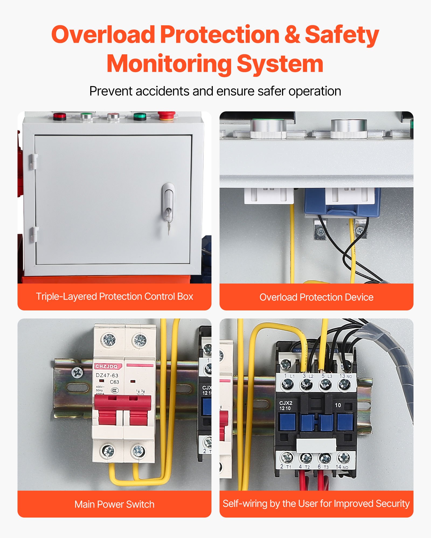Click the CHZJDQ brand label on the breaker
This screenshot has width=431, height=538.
click(x=107, y=366)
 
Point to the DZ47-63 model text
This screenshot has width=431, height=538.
click(x=107, y=375)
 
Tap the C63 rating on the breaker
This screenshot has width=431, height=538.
click(x=114, y=382)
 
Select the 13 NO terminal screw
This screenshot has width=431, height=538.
click(x=344, y=385)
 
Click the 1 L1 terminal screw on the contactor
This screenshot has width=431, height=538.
click(x=287, y=385)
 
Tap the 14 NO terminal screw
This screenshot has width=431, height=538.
click(x=343, y=457)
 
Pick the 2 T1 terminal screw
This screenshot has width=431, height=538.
click(x=287, y=457)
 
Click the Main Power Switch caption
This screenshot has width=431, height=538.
click(x=114, y=504)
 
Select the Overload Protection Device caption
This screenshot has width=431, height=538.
click(x=317, y=297)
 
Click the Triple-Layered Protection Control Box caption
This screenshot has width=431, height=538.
click(x=114, y=296)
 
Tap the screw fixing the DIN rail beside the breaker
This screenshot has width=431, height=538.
click(x=77, y=373)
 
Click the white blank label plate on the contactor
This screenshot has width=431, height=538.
click(x=316, y=445)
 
